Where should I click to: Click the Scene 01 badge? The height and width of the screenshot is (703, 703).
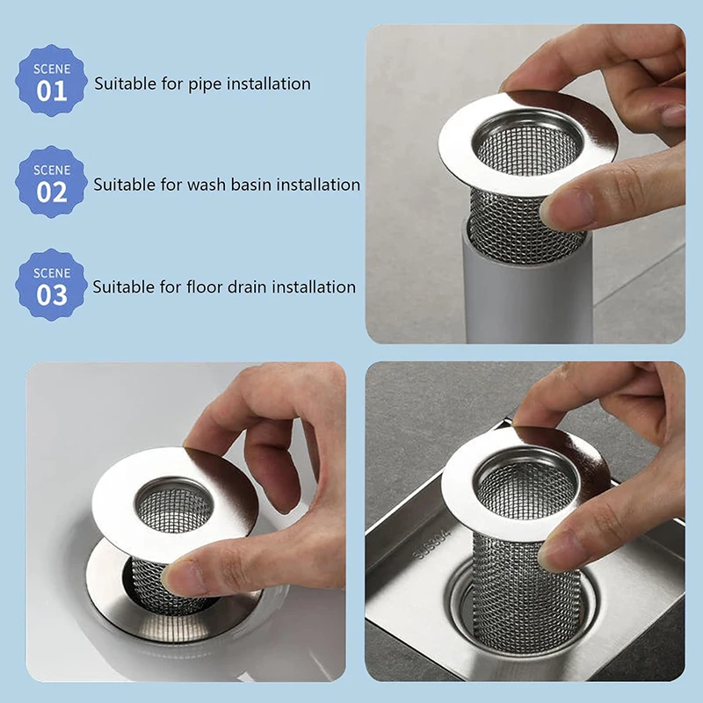pos(51,81)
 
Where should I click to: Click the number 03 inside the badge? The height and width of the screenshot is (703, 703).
pos(51,294)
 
